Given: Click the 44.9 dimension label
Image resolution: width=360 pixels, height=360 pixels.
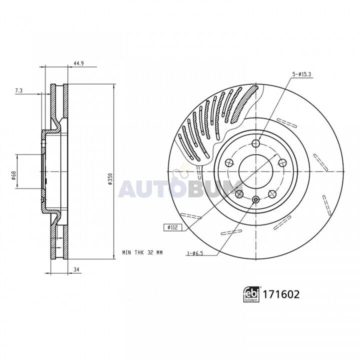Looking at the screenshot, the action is pos(78,63).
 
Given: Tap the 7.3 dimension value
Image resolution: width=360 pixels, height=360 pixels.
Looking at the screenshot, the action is pos(19,90).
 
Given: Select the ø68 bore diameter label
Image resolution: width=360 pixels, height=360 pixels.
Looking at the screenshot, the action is pos(13,175).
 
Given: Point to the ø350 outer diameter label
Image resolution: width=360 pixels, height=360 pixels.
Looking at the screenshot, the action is pos(110,179).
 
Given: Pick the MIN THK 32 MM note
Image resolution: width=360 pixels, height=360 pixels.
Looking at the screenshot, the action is pos(142,252).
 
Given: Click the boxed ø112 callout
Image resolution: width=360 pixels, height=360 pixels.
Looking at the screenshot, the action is pos(172,227).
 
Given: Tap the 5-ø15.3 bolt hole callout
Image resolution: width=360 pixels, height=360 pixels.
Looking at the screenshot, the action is pos(301,74).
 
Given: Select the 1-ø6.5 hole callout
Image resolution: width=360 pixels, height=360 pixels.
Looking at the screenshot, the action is pos(195,253).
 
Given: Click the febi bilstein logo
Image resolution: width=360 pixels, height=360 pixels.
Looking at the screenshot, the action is pos(251,294).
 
